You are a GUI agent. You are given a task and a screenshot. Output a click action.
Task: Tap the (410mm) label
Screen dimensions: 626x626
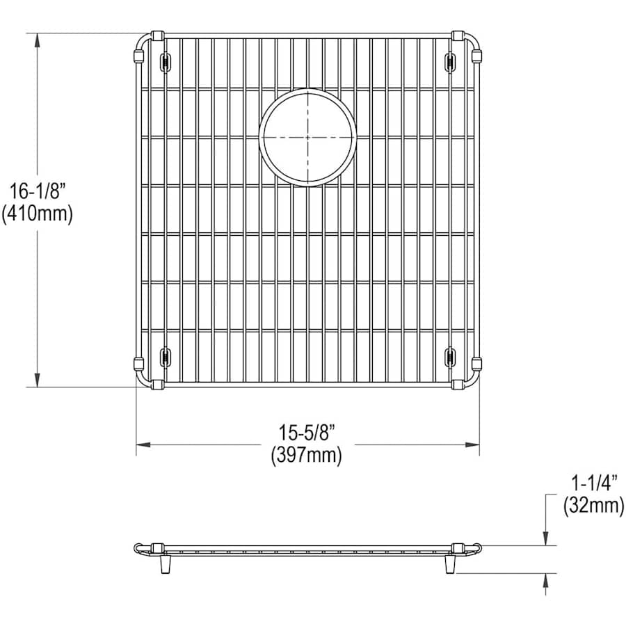(x=37, y=214)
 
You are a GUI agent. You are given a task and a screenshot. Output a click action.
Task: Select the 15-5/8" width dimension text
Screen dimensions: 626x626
(x=307, y=432)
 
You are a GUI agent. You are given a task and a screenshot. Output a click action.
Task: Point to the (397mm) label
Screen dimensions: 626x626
(x=307, y=455)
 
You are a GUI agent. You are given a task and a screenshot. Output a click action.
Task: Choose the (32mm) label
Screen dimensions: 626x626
(x=594, y=506)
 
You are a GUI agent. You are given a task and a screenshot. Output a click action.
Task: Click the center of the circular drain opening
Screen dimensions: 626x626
(x=308, y=137)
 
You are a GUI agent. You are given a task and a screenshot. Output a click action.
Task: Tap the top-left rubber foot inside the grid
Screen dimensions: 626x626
(x=165, y=62)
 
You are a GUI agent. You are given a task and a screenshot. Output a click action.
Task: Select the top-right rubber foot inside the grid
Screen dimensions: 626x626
(x=450, y=62)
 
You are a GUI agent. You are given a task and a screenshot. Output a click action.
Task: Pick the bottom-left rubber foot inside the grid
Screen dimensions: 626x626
(x=165, y=357)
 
